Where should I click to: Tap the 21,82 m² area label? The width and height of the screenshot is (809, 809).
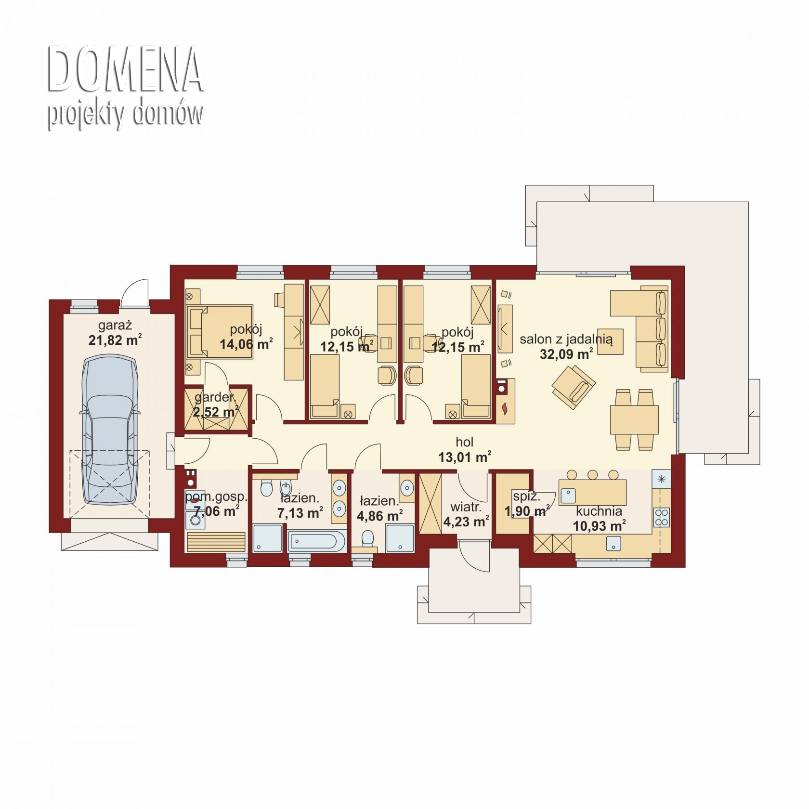click(x=115, y=340)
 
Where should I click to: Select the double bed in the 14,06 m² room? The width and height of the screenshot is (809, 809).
click(x=220, y=331)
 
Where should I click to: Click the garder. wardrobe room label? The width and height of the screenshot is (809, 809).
click(x=215, y=398)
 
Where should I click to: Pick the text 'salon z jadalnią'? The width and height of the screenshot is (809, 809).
click(x=566, y=339)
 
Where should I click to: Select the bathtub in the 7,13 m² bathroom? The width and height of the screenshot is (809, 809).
click(x=316, y=541)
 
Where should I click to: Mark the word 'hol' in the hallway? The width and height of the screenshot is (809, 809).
click(x=465, y=442)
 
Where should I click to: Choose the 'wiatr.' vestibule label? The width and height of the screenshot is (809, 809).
click(x=466, y=507)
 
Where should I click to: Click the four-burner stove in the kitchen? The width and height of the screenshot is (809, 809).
click(x=661, y=517)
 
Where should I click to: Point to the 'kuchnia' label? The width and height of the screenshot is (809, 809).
click(x=599, y=511)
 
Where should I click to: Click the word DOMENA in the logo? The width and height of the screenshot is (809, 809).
click(x=125, y=69)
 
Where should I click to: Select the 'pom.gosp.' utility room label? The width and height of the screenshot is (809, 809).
click(x=216, y=497)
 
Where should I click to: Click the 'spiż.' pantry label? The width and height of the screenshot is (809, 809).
click(x=526, y=496)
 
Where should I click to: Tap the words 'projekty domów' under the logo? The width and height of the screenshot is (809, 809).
click(x=125, y=115)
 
